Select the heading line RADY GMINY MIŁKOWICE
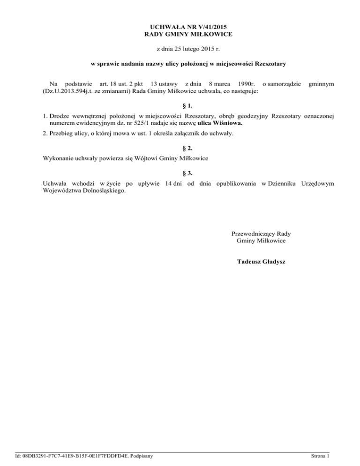tap(180, 34)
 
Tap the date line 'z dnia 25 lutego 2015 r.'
tap(180, 48)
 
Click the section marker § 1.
tap(180, 105)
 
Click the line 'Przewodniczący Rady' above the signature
tap(261, 233)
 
